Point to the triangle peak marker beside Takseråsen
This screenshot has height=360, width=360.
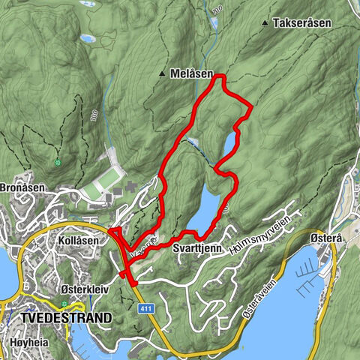coord(265,24)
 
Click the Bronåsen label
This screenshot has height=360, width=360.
coord(22,187)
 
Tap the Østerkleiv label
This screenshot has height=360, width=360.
coord(83,288)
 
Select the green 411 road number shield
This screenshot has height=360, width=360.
coord(142,307)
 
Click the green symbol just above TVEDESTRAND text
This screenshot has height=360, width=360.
coord(65,304)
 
